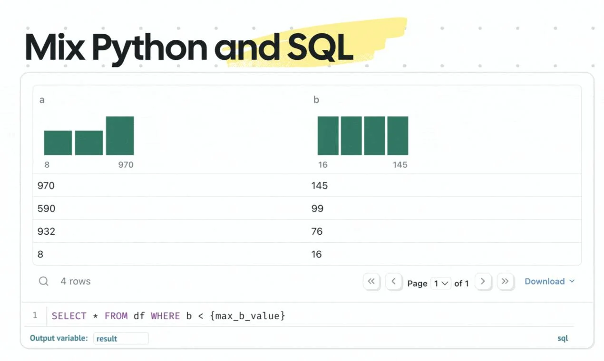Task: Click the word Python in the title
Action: (x=150, y=49)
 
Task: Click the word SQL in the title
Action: (x=321, y=47)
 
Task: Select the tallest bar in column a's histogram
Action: (x=120, y=135)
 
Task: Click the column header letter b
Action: (x=316, y=100)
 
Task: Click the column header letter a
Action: (x=42, y=100)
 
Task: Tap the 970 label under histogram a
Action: (x=126, y=165)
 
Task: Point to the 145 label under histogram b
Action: (x=400, y=165)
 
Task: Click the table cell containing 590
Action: (x=47, y=208)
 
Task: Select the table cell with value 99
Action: (x=317, y=208)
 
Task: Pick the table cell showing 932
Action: (x=47, y=231)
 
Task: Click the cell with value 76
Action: (x=317, y=231)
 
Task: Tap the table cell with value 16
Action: (x=317, y=254)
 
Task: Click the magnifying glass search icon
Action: (x=43, y=281)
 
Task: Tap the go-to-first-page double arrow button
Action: (x=371, y=281)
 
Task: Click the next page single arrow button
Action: (x=483, y=281)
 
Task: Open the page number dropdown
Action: (x=441, y=283)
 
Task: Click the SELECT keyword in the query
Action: (x=69, y=316)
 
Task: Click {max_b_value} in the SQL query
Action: (x=247, y=316)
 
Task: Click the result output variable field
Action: (x=121, y=338)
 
